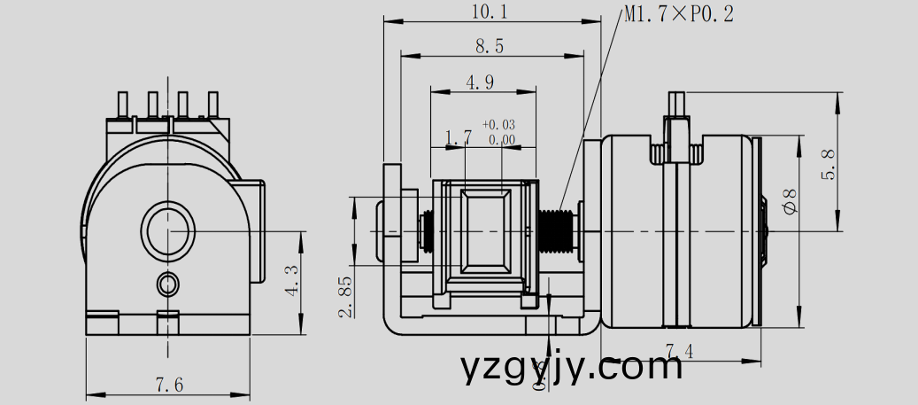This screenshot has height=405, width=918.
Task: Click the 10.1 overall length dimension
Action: (x=490, y=12)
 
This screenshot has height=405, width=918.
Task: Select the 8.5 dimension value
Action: (x=490, y=46)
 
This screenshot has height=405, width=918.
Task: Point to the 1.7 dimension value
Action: (x=458, y=137)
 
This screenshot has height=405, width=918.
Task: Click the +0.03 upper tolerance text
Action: (x=498, y=125)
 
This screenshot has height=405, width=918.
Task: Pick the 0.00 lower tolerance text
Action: (x=501, y=139)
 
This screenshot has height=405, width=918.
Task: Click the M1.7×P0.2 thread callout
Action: (x=679, y=14)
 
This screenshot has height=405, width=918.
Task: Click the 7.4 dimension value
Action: (x=679, y=352)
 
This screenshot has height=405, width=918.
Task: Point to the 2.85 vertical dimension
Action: (x=345, y=296)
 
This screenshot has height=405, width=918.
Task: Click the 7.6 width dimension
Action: (x=169, y=385)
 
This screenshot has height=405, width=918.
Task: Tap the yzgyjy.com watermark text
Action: (x=572, y=366)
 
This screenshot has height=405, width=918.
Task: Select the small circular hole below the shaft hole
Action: (x=167, y=284)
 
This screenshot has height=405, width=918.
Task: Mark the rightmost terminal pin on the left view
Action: (x=212, y=105)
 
